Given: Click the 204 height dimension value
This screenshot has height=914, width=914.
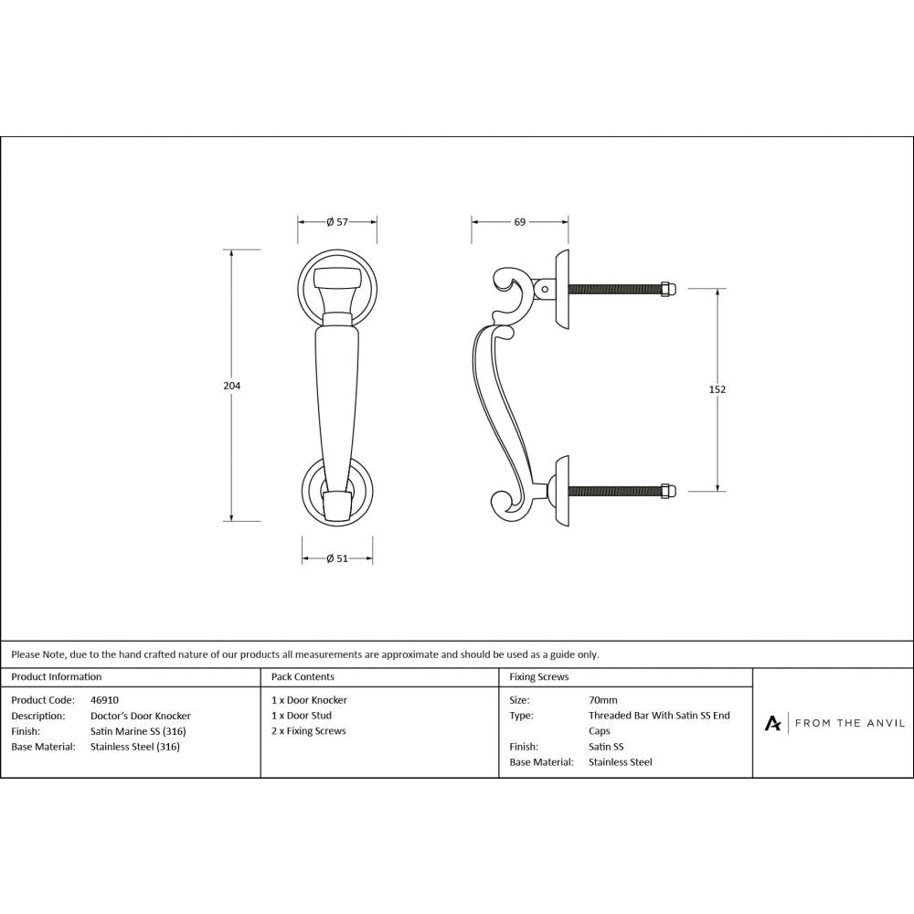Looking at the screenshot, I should click(232, 386).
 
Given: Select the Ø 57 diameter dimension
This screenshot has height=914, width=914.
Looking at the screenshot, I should click(337, 222).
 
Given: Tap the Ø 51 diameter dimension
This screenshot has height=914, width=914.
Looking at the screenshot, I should click(337, 559).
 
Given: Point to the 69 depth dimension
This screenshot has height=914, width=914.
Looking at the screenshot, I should click(519, 222).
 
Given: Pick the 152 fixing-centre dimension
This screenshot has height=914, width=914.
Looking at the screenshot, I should click(717, 389).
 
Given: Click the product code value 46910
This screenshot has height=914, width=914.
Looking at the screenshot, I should click(105, 700).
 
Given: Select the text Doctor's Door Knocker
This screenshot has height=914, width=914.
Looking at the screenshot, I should click(141, 716).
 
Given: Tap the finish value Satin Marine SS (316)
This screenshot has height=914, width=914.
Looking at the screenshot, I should click(138, 731).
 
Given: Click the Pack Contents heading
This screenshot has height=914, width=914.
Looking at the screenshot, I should click(303, 677).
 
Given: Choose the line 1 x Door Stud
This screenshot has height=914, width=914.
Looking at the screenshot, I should click(302, 716).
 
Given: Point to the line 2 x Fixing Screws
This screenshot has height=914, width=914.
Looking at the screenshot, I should click(309, 731).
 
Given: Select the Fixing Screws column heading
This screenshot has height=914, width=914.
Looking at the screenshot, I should click(539, 677).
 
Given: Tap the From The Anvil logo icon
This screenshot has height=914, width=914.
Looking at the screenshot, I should click(773, 723).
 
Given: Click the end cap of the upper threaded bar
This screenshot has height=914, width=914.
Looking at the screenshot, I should click(669, 289).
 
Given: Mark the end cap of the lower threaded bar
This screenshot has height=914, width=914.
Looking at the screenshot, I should click(669, 491).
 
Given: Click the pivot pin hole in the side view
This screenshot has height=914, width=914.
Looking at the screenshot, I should click(546, 290).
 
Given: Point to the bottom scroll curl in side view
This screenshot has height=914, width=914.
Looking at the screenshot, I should click(500, 505).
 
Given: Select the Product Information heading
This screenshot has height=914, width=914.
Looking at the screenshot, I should click(57, 677).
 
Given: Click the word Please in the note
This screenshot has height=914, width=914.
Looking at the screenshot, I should click(25, 654).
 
